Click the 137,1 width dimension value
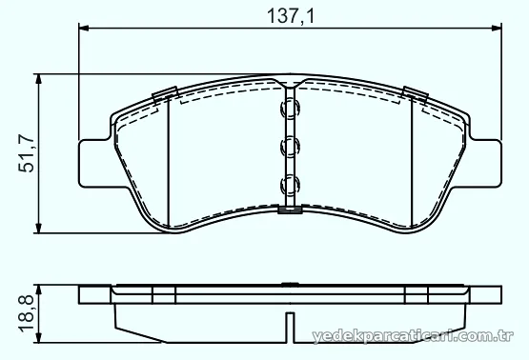[x=291, y=16]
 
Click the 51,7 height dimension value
[x=27, y=153]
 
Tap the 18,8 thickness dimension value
[x=27, y=313]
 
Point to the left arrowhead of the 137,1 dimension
[x=83, y=28]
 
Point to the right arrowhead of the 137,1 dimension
[x=497, y=28]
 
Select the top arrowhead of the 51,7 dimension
[x=38, y=79]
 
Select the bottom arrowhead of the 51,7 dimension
[x=38, y=228]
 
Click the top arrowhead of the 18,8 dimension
[x=38, y=290]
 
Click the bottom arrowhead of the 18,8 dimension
[x=38, y=338]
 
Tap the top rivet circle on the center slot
[x=290, y=109]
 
